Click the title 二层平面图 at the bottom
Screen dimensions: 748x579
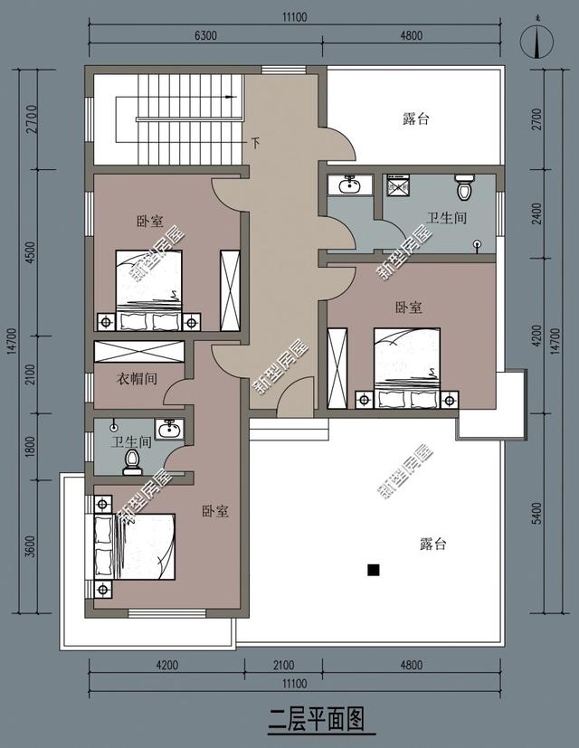coord(317,720)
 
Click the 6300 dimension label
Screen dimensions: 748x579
coord(208,36)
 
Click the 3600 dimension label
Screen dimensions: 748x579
coord(30,547)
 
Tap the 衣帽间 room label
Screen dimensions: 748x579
coord(138,379)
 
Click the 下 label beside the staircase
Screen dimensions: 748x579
coord(255,143)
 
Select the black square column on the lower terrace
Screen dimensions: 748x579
coord(372,570)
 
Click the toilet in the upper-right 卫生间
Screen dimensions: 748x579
coord(465,188)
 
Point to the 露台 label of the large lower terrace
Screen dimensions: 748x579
coord(433,544)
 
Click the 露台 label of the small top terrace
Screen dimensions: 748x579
coord(415,118)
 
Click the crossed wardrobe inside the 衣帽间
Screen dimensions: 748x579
coord(140,351)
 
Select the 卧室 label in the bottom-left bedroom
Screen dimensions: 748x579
coord(214,511)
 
